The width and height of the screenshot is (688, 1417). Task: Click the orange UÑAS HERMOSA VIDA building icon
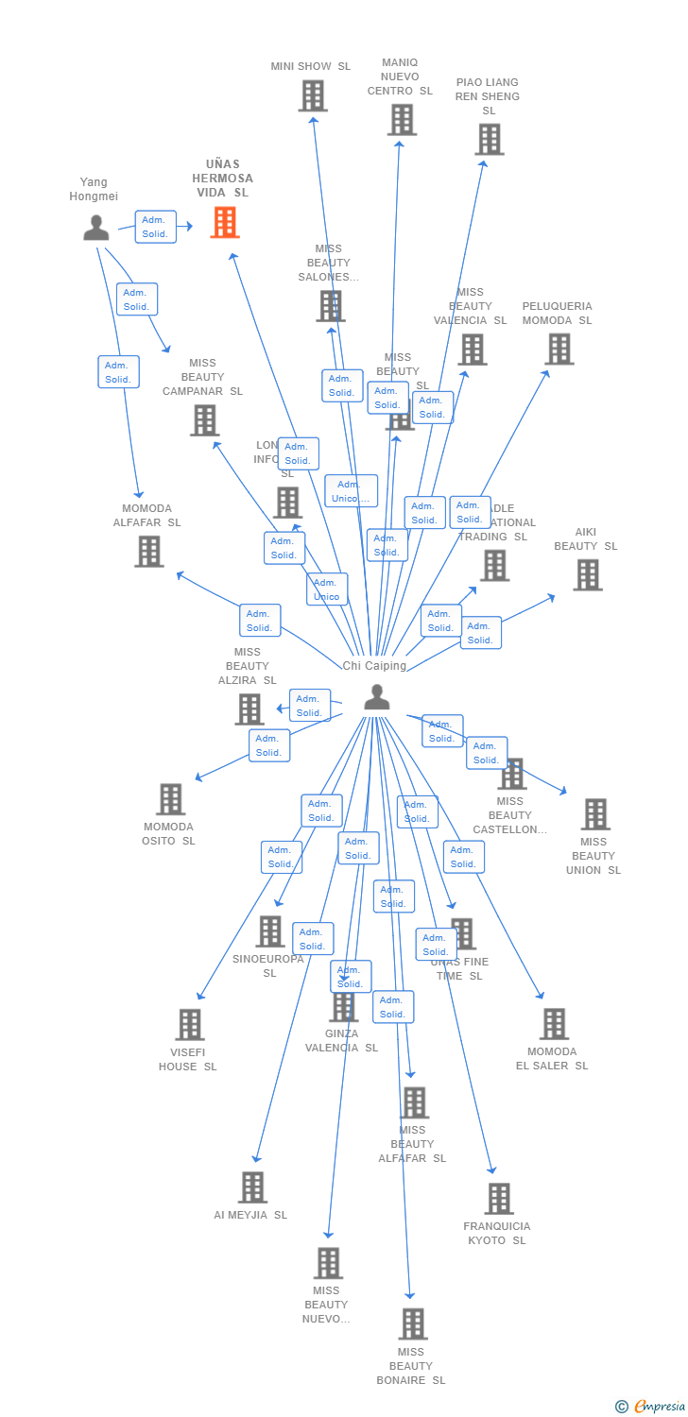point(224,222)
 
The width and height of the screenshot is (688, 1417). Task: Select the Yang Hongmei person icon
point(95,228)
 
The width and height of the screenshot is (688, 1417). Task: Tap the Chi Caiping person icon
point(376,697)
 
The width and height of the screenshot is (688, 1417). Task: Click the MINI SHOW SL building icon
point(313,95)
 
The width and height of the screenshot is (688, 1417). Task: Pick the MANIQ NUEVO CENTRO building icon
point(402,120)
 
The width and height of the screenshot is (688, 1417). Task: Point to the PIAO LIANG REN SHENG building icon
point(489,139)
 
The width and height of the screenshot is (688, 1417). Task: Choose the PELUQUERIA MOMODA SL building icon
point(559,349)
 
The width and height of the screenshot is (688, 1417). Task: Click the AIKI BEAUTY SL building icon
point(587,574)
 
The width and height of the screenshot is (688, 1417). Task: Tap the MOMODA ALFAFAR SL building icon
point(148,551)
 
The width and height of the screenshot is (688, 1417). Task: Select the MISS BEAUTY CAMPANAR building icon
point(204,419)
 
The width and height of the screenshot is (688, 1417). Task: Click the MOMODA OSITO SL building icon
point(170,799)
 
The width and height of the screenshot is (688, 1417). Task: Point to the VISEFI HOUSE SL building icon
point(189,1024)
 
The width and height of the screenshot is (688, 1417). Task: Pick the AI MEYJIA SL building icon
point(252,1187)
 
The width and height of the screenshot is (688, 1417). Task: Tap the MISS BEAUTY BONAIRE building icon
point(412,1323)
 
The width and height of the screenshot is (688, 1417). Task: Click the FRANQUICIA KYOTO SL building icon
point(498,1198)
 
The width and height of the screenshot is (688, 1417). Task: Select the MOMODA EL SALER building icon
point(553,1023)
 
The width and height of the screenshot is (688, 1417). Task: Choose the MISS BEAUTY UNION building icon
point(594,813)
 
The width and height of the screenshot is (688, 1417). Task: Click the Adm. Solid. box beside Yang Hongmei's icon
point(155,227)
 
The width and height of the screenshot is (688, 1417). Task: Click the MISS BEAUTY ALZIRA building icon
point(249,708)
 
